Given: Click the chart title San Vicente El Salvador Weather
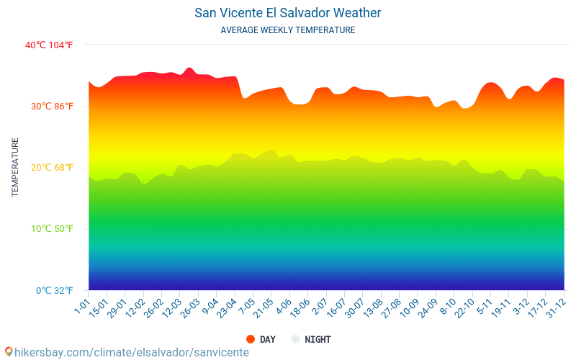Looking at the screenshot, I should tap(288, 13).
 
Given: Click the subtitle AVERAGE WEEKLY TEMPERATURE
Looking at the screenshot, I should tap(288, 30).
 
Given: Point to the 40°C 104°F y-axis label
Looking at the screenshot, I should tap(49, 45).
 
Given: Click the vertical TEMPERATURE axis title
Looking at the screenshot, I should tap(15, 168).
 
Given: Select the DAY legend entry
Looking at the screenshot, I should tap(267, 339).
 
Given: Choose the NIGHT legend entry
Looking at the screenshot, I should tap(318, 339).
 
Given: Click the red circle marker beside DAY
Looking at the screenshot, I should tap(251, 339).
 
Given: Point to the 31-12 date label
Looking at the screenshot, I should tap(554, 307).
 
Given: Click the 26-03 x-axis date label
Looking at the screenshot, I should tap(189, 307).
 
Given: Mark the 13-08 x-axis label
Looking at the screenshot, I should tap(372, 307).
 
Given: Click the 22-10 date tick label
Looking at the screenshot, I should tap(463, 307).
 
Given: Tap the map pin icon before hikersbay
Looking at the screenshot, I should tap(8, 352).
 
